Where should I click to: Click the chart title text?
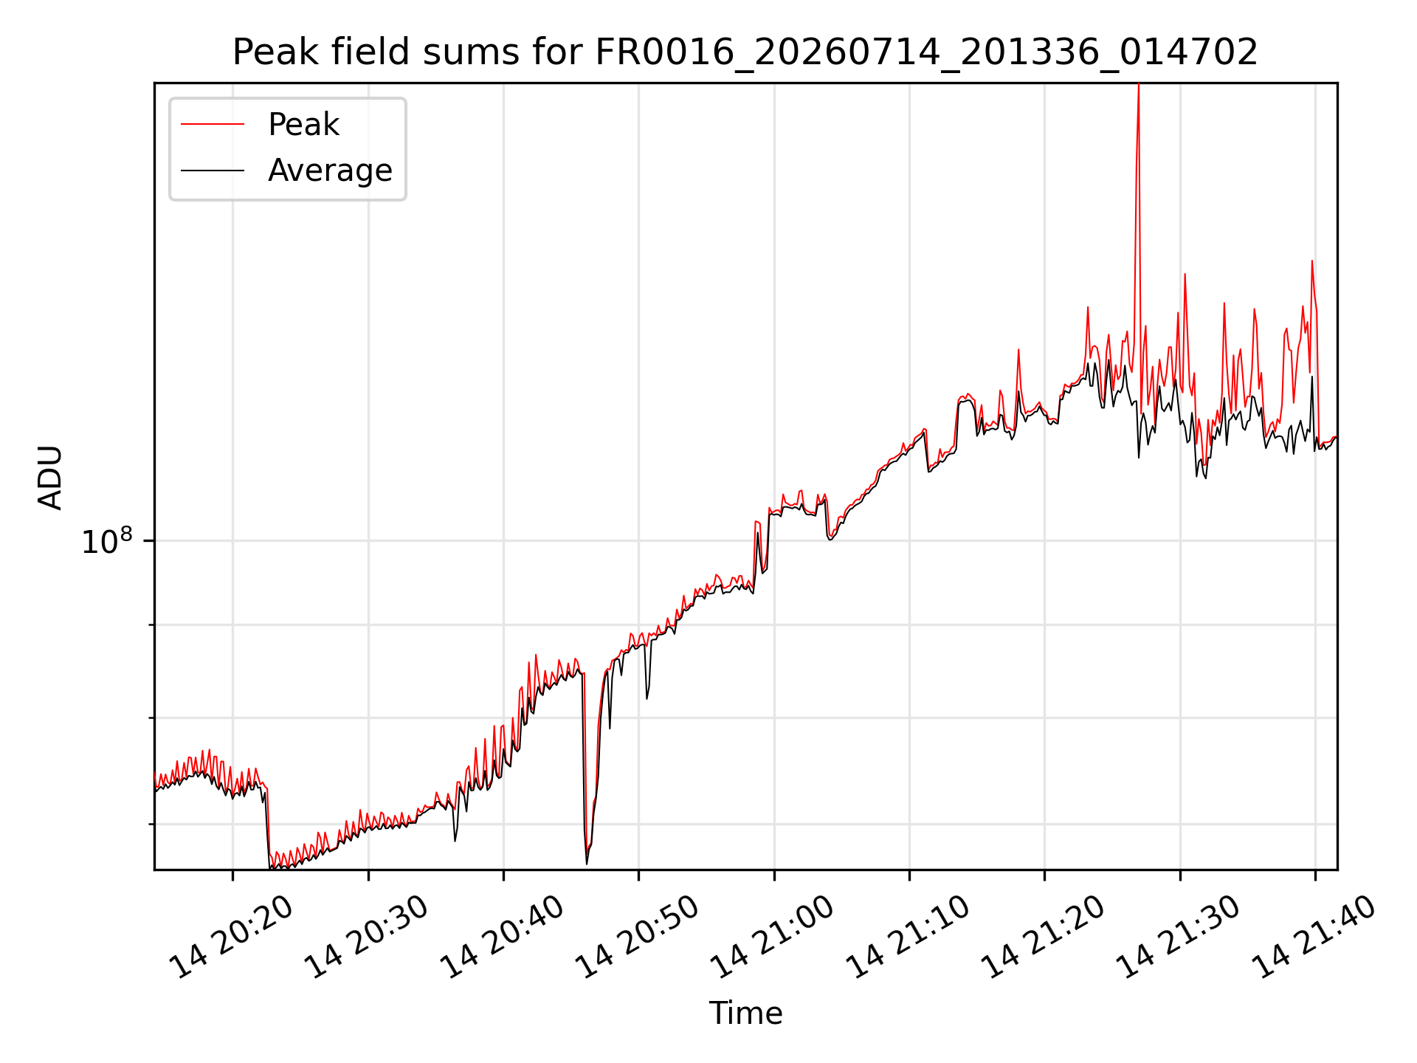click(x=745, y=52)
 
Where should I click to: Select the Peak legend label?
click(x=303, y=125)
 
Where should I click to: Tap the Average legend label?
click(x=330, y=171)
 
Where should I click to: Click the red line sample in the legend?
click(x=213, y=124)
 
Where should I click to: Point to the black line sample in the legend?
click(x=213, y=171)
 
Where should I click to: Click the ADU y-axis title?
click(x=50, y=477)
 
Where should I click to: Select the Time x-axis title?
click(x=745, y=1013)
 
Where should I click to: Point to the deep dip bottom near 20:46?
click(x=587, y=862)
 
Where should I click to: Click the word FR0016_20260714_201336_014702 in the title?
click(x=926, y=53)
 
